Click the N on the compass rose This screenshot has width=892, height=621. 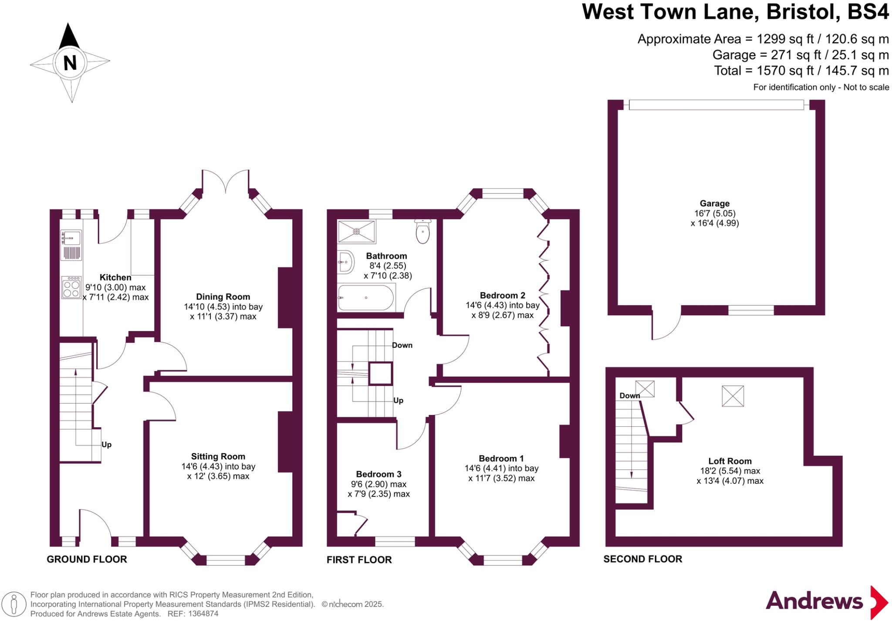point(70,63)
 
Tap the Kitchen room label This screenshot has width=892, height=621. point(115,277)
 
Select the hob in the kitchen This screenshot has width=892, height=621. point(71,287)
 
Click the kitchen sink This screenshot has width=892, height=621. point(71,239)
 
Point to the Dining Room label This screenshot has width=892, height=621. point(223,297)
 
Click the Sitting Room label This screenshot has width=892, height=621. point(218,456)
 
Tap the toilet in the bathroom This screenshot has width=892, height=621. point(423,232)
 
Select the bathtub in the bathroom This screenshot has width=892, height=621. point(366,297)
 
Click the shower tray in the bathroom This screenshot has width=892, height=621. point(357,231)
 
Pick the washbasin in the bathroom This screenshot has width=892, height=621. point(345,262)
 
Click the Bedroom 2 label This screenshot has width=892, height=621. point(503,295)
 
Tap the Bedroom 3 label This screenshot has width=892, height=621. point(378,474)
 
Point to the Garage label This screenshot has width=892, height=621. point(714,203)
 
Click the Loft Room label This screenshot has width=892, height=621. point(730,461)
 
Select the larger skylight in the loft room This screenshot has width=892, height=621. point(733,396)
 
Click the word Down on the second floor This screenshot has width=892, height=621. point(629,395)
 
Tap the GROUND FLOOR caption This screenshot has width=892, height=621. point(87,559)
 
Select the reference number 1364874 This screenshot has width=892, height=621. point(203,614)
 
